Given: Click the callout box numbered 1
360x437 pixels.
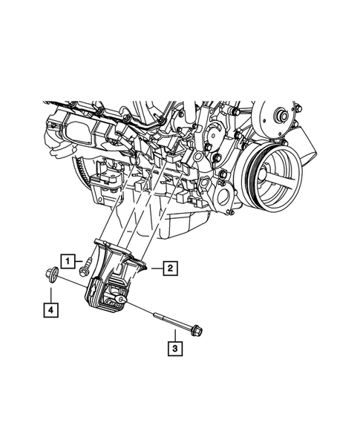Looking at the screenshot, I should tap(68, 260).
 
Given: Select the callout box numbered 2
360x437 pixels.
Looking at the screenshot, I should tap(170, 269).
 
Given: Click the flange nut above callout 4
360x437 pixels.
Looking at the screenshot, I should tap(50, 276).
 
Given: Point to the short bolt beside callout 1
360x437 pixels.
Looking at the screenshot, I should tap(87, 260).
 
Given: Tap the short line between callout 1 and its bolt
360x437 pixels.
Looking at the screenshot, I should tap(78, 260).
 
